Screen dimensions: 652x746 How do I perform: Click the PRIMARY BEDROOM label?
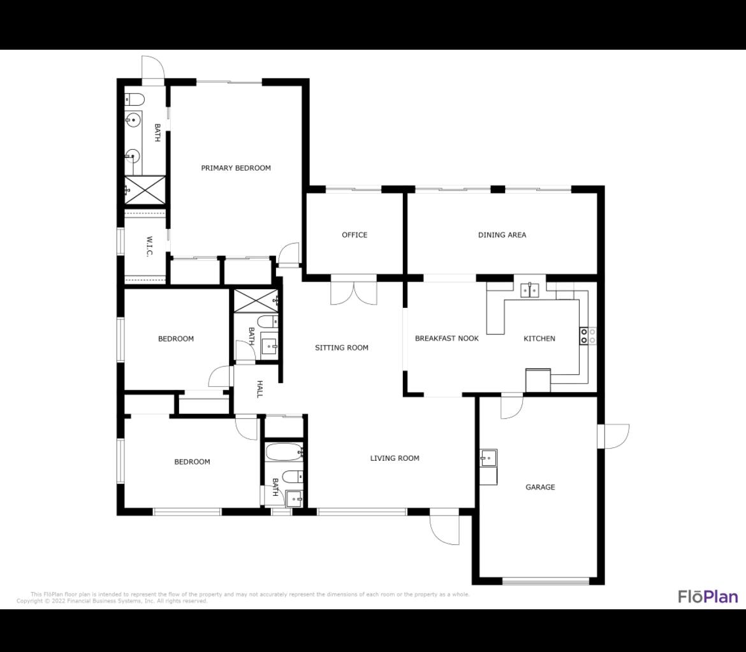236,168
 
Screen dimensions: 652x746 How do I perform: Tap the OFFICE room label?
355,235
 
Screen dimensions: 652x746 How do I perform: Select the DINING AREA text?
502,235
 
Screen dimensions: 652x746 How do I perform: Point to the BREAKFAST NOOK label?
446,338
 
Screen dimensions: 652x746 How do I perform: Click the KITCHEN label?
539,338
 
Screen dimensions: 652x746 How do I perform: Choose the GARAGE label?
540,487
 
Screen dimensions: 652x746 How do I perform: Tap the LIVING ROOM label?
395,458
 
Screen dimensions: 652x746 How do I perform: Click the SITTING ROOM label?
342,348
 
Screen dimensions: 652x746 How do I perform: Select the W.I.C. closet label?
149,247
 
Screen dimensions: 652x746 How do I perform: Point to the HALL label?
260,389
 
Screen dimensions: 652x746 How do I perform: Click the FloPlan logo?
708,597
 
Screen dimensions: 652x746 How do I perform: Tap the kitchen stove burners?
587,336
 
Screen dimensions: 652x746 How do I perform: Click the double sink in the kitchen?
530,290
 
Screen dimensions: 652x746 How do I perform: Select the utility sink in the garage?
488,458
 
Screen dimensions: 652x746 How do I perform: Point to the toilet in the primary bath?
134,99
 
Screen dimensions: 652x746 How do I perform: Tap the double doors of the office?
354,292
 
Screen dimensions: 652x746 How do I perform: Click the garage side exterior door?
615,436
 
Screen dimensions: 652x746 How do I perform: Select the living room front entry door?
445,528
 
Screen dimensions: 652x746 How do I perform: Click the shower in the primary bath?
145,189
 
